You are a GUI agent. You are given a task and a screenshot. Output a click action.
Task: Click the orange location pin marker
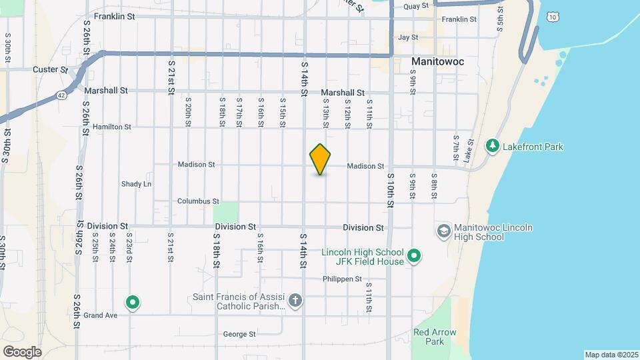click(x=321, y=159)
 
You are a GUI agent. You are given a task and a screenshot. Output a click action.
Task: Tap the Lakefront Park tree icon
click(x=493, y=145)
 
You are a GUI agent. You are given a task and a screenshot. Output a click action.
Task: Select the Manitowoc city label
click(x=437, y=61)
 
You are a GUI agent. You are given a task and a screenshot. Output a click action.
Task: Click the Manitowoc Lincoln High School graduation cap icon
click(x=443, y=231)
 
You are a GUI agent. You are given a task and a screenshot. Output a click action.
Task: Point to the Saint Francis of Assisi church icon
click(x=296, y=301)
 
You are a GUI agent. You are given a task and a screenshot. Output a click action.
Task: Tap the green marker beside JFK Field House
click(x=414, y=256)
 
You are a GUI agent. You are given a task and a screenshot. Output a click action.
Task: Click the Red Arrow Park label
click(x=434, y=337)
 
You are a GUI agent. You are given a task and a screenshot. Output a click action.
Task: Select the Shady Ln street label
click(x=136, y=184)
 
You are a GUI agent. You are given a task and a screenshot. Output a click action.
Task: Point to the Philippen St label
click(x=342, y=279)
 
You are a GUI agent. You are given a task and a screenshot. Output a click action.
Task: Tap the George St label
click(x=239, y=334)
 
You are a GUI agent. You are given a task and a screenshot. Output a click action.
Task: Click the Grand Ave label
click(x=101, y=315)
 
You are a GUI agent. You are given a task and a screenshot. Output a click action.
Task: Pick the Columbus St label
click(x=198, y=201)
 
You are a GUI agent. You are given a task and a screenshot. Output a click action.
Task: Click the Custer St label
click(x=50, y=69)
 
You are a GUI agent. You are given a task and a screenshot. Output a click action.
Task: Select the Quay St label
click(x=411, y=6)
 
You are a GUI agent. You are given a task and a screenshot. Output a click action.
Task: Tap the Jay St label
click(x=407, y=37)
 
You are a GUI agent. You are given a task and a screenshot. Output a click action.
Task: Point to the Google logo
click(x=22, y=351)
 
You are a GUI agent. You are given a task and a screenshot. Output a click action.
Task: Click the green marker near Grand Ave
click(x=133, y=303)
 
